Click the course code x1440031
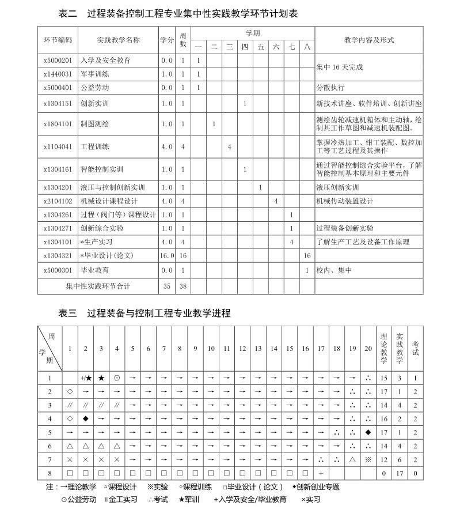(58, 74)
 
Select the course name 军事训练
(94, 74)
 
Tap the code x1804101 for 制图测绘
(58, 124)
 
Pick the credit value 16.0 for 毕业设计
(167, 255)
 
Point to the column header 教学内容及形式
(368, 40)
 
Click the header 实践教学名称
(118, 40)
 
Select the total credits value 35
(167, 285)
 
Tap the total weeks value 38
(183, 285)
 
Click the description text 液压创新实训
(337, 187)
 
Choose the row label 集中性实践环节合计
(98, 285)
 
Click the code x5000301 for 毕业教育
(58, 270)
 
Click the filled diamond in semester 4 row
(86, 418)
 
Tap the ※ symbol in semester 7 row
(368, 459)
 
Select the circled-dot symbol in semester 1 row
(117, 378)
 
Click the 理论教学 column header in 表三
(384, 348)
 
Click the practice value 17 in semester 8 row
(400, 473)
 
